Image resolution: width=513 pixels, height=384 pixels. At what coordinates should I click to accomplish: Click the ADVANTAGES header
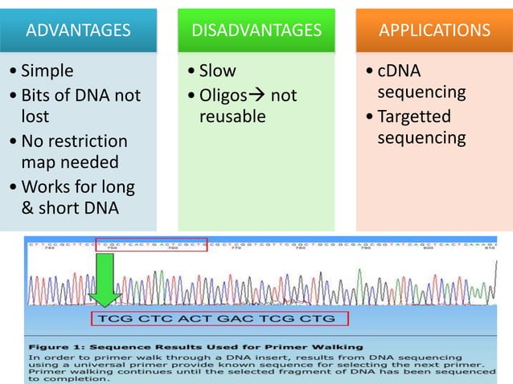click(x=78, y=31)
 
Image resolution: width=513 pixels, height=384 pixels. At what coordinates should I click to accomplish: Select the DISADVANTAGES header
click(x=256, y=31)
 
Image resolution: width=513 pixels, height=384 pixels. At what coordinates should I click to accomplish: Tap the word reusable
click(x=232, y=117)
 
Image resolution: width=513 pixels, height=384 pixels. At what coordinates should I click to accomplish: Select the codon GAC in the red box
click(x=236, y=319)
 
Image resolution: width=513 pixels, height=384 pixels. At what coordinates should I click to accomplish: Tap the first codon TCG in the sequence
click(x=113, y=319)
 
